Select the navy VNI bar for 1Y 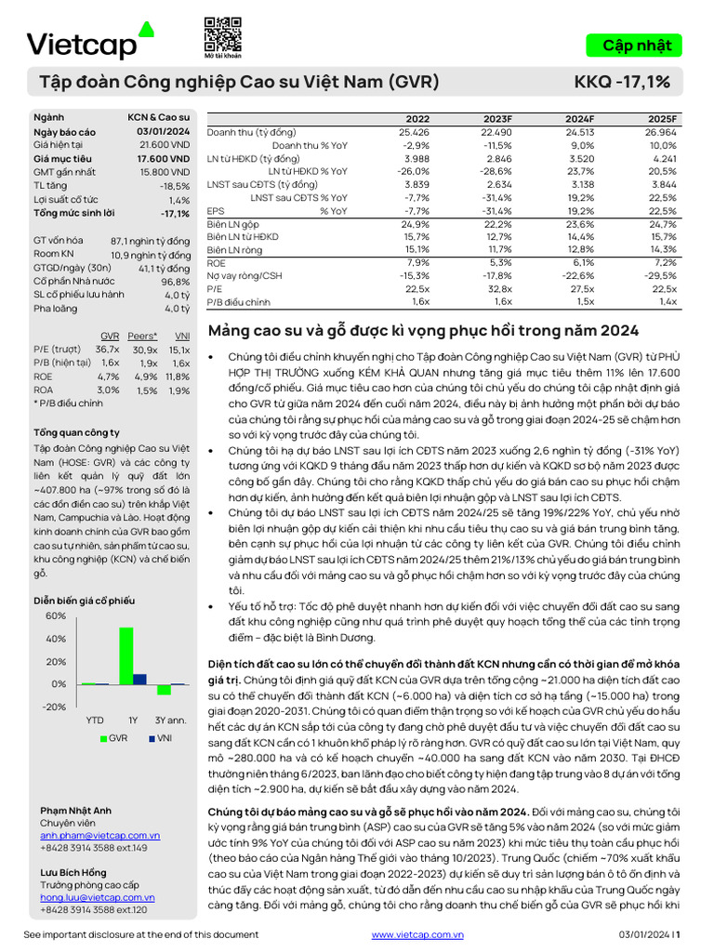point(139,679)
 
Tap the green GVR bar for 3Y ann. point(164,690)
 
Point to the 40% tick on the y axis point(55,639)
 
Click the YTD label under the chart point(95,720)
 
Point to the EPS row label point(215,211)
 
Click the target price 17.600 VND point(165,159)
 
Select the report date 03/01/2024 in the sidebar point(164,132)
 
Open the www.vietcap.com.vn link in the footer point(416,934)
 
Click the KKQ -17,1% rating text point(623,83)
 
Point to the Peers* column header point(142,336)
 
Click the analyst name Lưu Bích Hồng point(73,873)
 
